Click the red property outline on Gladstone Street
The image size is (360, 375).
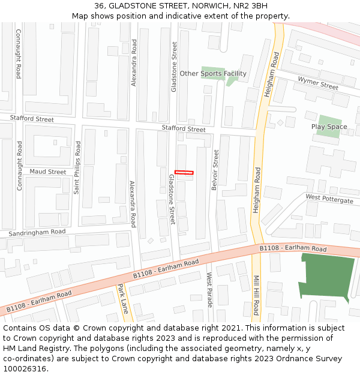(x=184, y=173)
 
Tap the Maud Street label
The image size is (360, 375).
(x=48, y=172)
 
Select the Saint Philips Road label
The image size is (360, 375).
(x=77, y=167)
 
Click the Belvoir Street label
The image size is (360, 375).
(x=215, y=170)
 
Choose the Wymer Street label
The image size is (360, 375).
(x=318, y=83)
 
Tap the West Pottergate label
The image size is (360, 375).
(x=329, y=199)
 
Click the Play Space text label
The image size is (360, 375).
(x=329, y=127)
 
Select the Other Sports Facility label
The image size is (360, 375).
(x=213, y=74)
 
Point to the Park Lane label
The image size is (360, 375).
(x=122, y=299)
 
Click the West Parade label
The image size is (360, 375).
(x=209, y=290)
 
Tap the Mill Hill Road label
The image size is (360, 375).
(x=256, y=295)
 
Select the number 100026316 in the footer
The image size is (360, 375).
(x=25, y=369)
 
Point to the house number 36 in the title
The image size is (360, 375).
(x=98, y=5)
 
